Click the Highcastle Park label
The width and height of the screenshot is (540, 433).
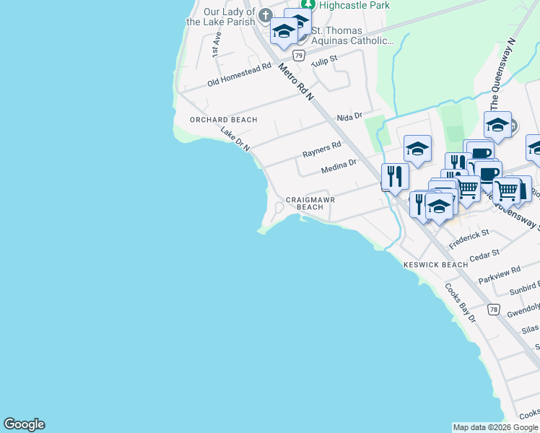pyautogui.click(x=354, y=5)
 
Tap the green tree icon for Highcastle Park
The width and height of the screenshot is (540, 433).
pyautogui.click(x=308, y=4)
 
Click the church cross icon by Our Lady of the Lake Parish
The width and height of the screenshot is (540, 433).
pyautogui.click(x=265, y=15)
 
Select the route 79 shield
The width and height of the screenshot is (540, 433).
pyautogui.click(x=297, y=54)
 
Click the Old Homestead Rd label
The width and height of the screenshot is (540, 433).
pyautogui.click(x=239, y=74)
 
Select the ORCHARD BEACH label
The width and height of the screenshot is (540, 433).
pyautogui.click(x=223, y=120)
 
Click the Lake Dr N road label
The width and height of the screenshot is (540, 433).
pyautogui.click(x=235, y=139)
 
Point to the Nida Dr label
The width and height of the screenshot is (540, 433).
pyautogui.click(x=349, y=117)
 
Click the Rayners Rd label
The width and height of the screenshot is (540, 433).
pyautogui.click(x=321, y=150)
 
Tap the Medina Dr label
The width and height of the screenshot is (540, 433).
pyautogui.click(x=339, y=167)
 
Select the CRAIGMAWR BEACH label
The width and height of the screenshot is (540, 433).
pyautogui.click(x=310, y=203)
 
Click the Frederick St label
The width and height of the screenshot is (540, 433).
pyautogui.click(x=469, y=240)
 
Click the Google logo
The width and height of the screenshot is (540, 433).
pyautogui.click(x=24, y=424)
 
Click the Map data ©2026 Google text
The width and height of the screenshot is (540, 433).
pyautogui.click(x=495, y=427)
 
